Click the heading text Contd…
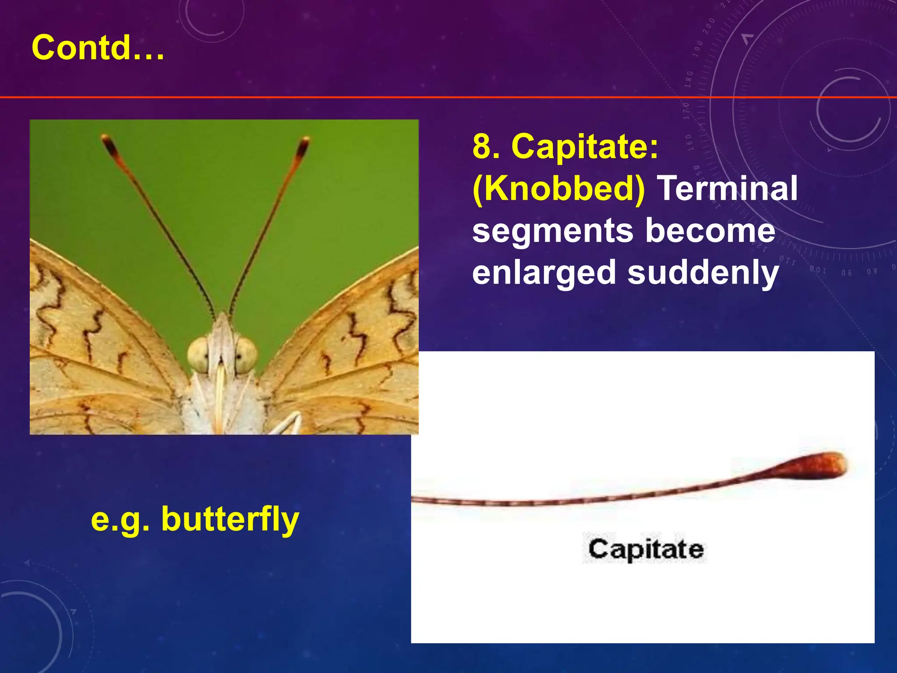tap(98, 48)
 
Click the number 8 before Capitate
tap(486, 147)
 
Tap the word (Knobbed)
tap(558, 189)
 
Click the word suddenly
tap(703, 273)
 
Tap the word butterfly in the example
tap(230, 519)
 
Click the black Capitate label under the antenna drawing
tap(646, 549)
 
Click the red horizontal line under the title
tap(438, 97)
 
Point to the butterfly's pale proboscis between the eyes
tap(221, 386)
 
